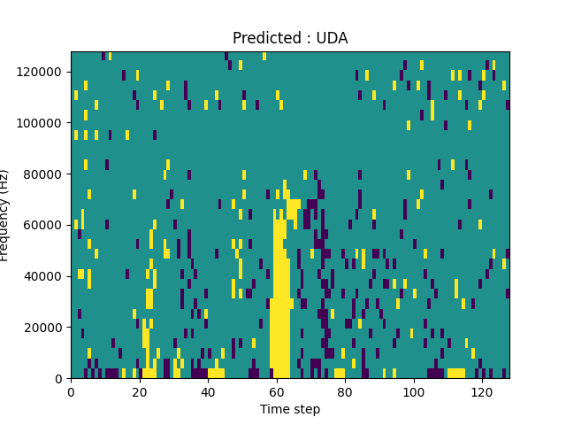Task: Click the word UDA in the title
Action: pos(333,38)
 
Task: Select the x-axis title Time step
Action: pos(290,409)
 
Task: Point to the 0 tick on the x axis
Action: pos(71,391)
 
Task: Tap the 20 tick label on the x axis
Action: pos(139,391)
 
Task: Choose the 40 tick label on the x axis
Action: pos(208,391)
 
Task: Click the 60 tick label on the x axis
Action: pos(276,391)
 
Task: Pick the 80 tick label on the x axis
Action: pos(345,391)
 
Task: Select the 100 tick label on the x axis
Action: pos(413,391)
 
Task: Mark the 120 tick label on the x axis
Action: pos(482,391)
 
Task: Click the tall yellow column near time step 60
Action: pos(279,301)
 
